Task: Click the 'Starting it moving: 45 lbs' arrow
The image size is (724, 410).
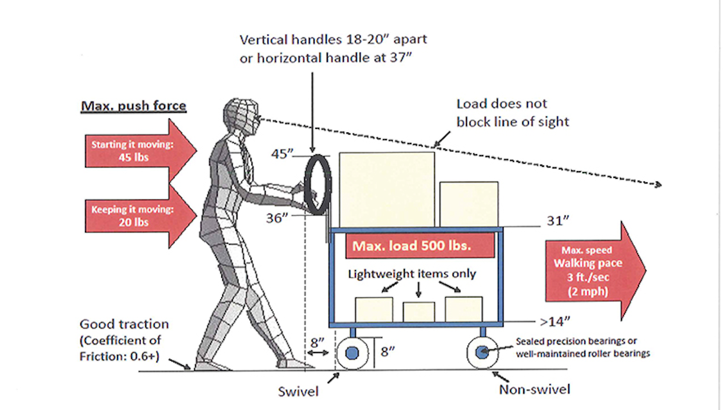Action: tap(136, 151)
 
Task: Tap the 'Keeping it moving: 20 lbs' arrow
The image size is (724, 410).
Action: tap(136, 216)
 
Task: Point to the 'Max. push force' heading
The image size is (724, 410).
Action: tap(133, 106)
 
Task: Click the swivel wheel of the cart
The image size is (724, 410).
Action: tap(352, 353)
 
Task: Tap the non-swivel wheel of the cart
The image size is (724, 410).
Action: tap(482, 353)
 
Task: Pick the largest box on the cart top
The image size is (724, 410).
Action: tap(387, 189)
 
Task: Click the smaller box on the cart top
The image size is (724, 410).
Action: tap(469, 204)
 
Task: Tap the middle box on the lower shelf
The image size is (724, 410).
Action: tap(418, 312)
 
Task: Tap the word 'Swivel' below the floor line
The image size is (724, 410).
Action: tap(298, 391)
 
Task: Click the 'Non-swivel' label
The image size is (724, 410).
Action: tap(534, 389)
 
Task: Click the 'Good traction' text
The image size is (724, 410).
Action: tap(124, 324)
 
